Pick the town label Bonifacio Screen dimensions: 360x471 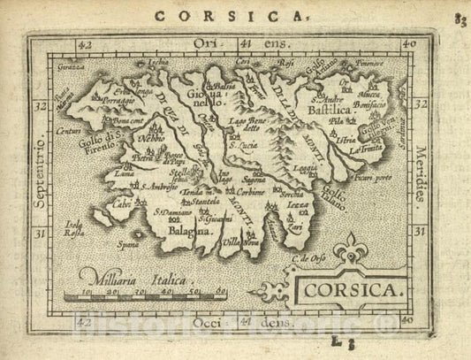pyautogui.click(x=369, y=103)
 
